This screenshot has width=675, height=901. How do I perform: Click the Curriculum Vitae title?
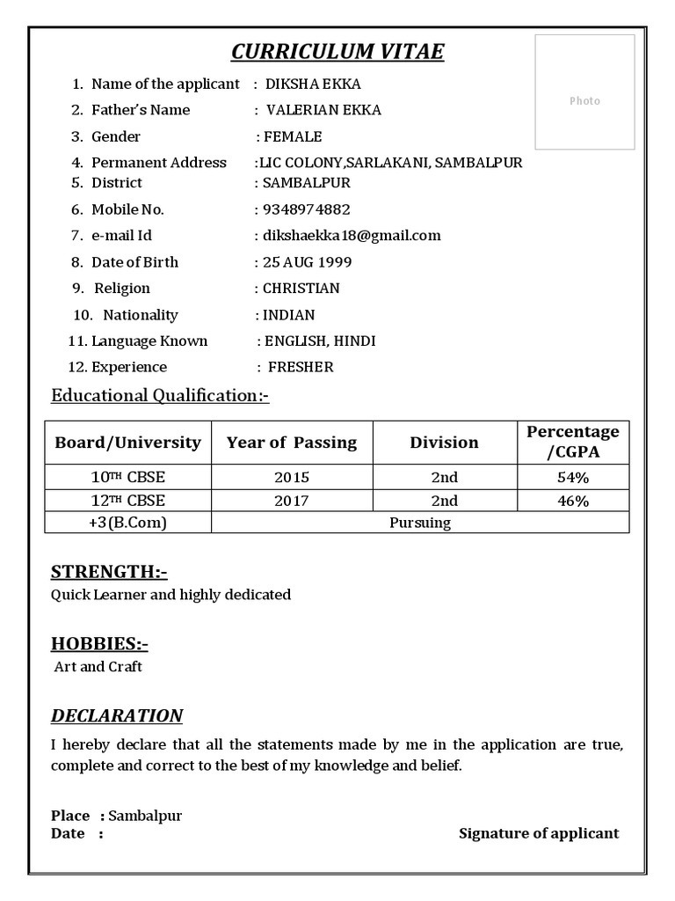[337, 52]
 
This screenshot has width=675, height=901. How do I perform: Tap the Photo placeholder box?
[584, 92]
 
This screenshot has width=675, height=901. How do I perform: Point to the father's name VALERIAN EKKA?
[324, 111]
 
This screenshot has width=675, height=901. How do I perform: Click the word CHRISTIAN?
[301, 289]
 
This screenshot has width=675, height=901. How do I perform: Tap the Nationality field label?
[141, 315]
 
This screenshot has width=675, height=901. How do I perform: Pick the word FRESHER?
[301, 368]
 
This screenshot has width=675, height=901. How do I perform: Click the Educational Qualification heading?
[160, 396]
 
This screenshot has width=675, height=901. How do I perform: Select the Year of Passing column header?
[292, 443]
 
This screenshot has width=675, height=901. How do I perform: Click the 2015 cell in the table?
[292, 478]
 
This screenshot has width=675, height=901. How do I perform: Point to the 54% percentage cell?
[572, 478]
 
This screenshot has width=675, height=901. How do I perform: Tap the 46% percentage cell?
[572, 502]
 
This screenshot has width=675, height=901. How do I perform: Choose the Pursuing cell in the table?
[420, 523]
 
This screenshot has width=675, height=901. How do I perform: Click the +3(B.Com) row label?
[127, 523]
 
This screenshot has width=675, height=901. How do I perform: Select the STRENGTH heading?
[109, 573]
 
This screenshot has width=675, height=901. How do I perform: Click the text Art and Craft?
[98, 667]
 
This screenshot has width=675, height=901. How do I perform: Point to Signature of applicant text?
[539, 833]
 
